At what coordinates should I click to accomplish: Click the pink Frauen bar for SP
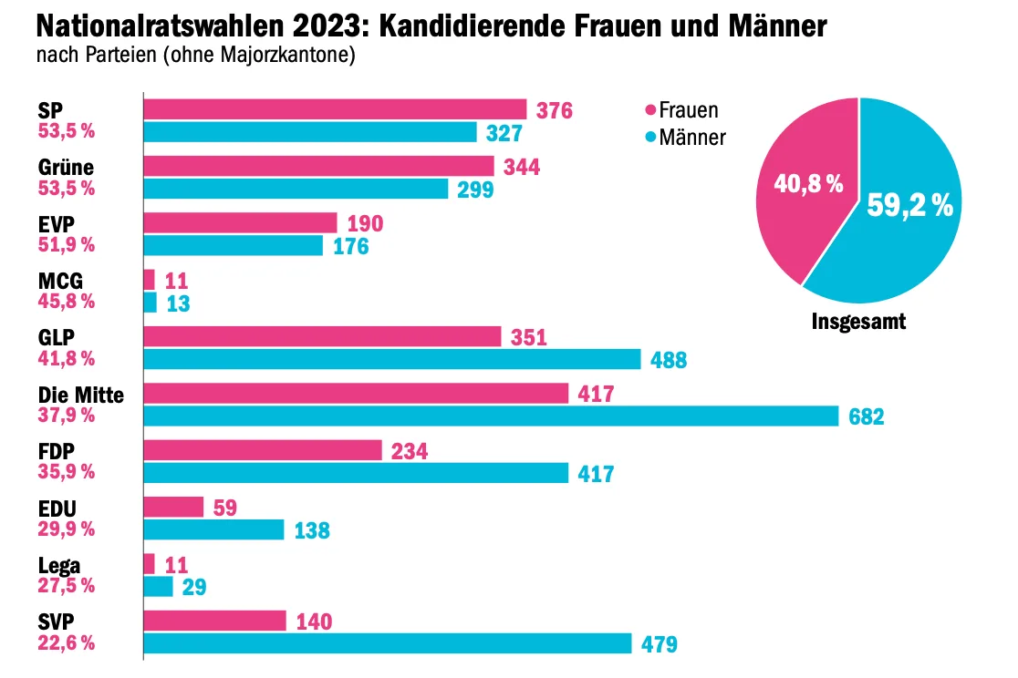pos(335,109)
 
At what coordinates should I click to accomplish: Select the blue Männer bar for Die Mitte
pos(492,416)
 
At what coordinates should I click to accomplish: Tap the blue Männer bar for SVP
pos(388,643)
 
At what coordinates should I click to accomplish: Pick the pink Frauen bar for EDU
pos(173,507)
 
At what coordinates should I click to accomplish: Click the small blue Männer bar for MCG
pos(150,303)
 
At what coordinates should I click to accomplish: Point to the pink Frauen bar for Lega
pos(150,564)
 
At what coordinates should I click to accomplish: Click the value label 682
pos(866,416)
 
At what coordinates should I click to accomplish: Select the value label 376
pos(555,110)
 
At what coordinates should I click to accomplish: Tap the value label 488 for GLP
pos(669,360)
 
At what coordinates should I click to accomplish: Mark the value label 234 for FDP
pos(410,451)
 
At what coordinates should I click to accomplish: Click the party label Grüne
pos(66,168)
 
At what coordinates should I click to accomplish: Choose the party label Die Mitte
pos(80,395)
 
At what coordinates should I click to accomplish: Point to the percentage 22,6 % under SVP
pos(67,642)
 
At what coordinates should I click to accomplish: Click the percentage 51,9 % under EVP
pos(67,244)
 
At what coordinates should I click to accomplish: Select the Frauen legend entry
pos(681,109)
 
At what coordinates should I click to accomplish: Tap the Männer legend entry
pos(686,137)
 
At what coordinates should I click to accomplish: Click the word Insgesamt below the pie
pos(858,321)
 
